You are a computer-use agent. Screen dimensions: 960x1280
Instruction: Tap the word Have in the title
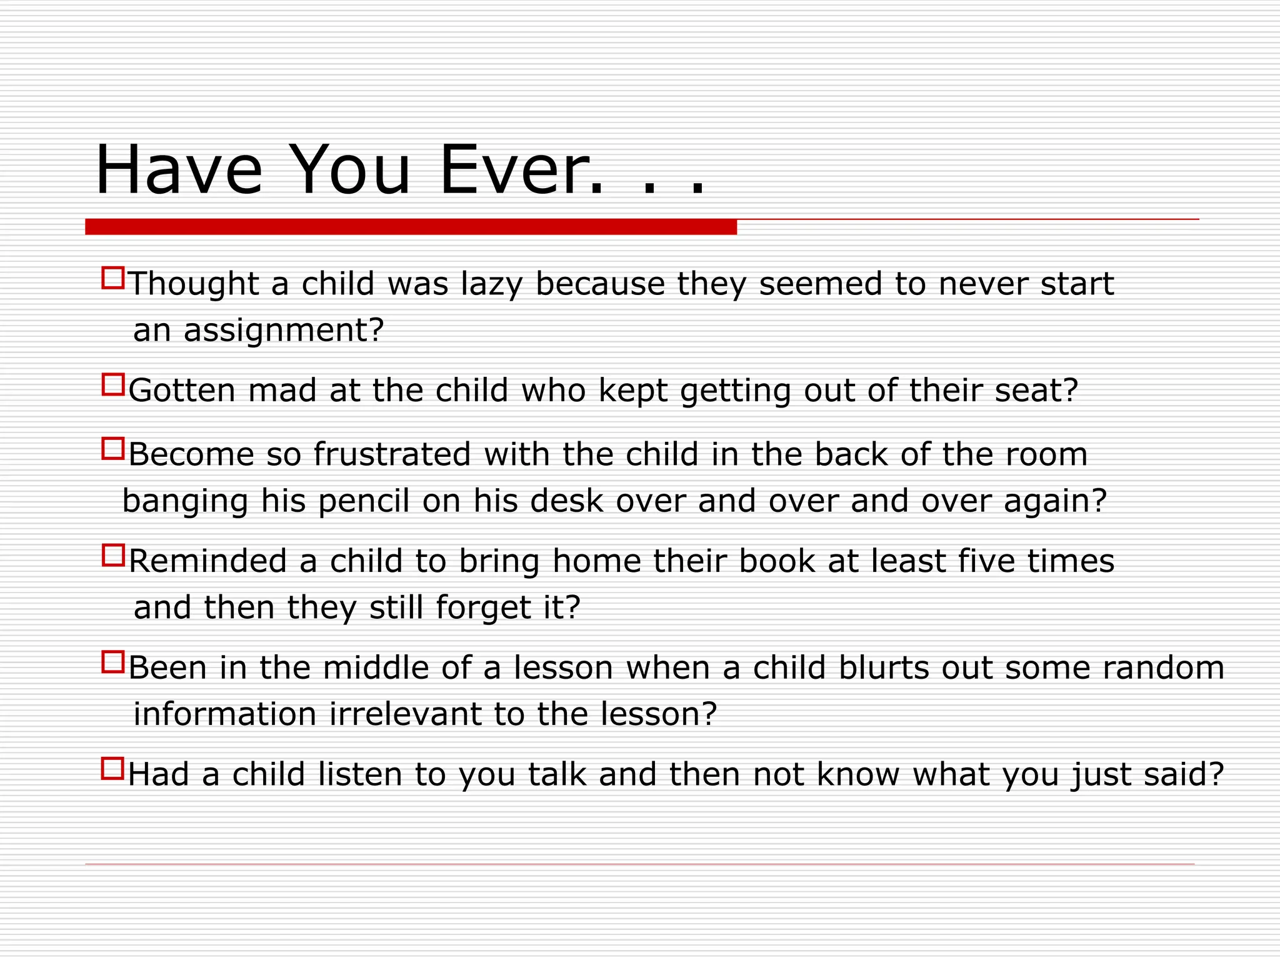coord(179,171)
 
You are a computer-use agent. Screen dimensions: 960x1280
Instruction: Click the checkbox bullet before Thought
coord(113,278)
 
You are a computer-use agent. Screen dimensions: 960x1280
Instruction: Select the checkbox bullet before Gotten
coord(113,384)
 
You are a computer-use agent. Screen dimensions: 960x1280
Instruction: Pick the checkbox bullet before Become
coord(113,448)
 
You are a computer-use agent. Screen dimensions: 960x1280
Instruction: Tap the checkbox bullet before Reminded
coord(113,555)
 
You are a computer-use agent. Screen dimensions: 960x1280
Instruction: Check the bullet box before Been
coord(113,662)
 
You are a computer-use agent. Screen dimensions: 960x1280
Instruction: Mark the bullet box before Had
coord(113,768)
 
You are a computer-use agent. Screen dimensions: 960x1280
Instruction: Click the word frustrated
coord(392,454)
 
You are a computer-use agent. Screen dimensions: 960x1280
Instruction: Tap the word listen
coord(359,775)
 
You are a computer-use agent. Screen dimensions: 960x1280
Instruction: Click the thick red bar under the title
coord(411,227)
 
